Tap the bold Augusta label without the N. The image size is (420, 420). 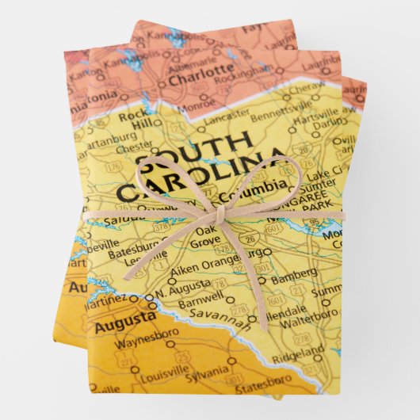(124, 319)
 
